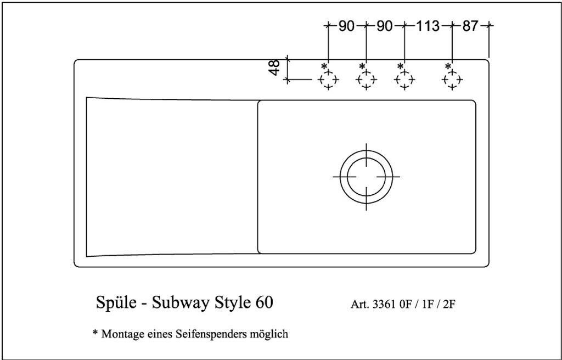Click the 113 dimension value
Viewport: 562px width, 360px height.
pyautogui.click(x=428, y=26)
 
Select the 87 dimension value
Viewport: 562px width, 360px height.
pyautogui.click(x=470, y=26)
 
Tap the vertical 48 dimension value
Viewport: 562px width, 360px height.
pyautogui.click(x=274, y=67)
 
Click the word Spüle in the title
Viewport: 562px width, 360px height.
pyautogui.click(x=116, y=302)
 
